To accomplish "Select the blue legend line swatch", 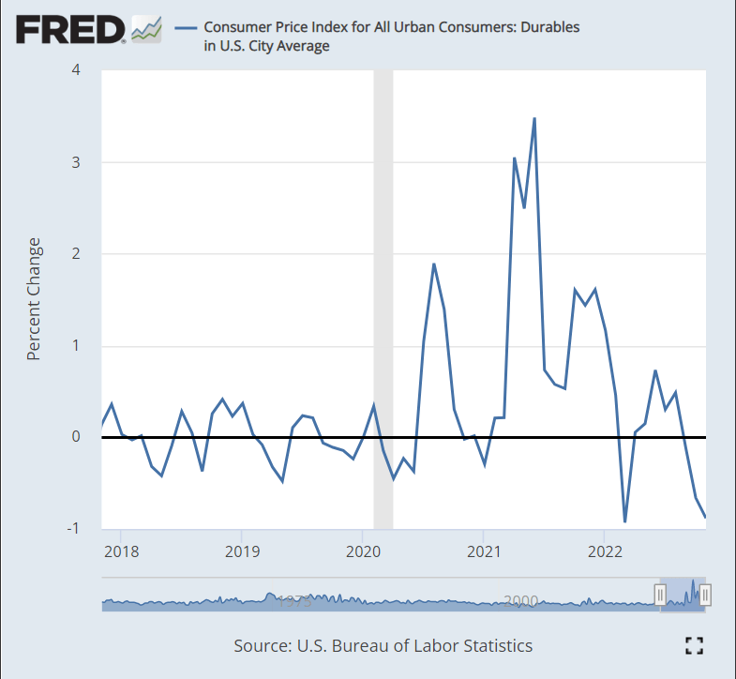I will pyautogui.click(x=184, y=27).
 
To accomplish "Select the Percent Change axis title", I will pyautogui.click(x=34, y=299).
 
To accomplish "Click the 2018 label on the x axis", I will pyautogui.click(x=121, y=551).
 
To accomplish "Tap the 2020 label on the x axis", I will pyautogui.click(x=362, y=551).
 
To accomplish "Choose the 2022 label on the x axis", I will pyautogui.click(x=604, y=551).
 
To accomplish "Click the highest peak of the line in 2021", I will pyautogui.click(x=534, y=118).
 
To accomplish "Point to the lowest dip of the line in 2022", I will pyautogui.click(x=624, y=521).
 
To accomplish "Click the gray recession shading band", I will pyautogui.click(x=383, y=281).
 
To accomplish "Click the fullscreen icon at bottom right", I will pyautogui.click(x=694, y=644).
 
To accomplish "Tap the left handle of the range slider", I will pyautogui.click(x=660, y=594).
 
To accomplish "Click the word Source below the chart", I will pyautogui.click(x=262, y=645).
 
